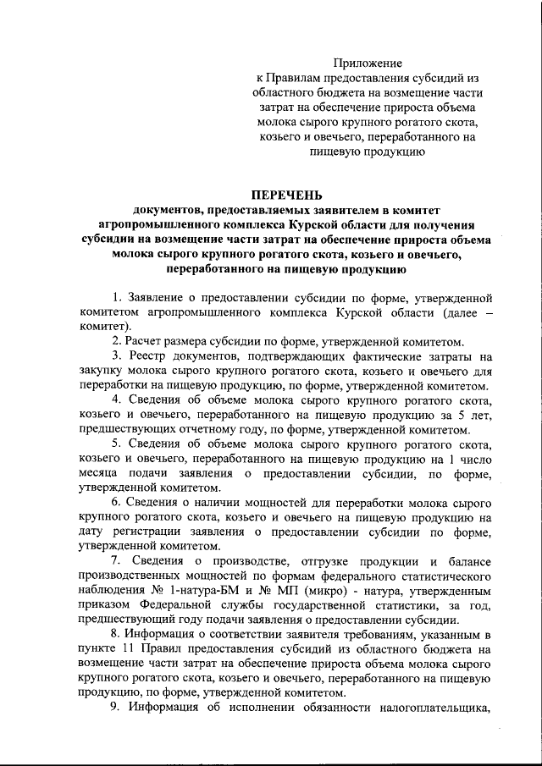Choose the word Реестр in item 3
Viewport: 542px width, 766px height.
pyautogui.click(x=150, y=357)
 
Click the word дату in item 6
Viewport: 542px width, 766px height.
pyautogui.click(x=91, y=532)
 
